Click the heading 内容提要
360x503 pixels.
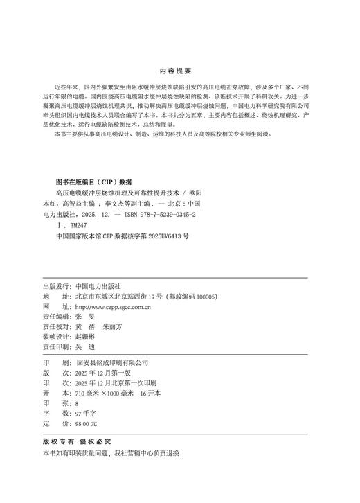click(x=179, y=71)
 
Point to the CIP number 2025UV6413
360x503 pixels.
click(x=160, y=236)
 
